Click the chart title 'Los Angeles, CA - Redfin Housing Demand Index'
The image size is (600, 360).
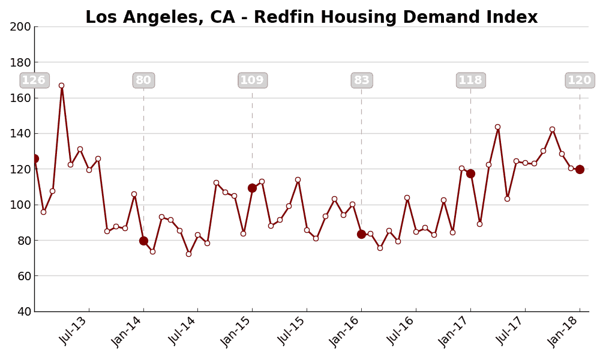coord(311,17)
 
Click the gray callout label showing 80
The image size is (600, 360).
coord(143,80)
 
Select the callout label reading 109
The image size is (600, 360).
coord(252,80)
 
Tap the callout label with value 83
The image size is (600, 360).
coord(361,80)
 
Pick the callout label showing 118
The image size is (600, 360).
coord(470,80)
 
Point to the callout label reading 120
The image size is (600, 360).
coord(579,80)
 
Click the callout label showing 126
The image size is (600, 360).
coord(34,80)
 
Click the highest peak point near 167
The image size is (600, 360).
coord(61,86)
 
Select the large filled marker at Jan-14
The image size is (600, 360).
coord(143,241)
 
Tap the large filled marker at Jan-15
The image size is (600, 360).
coord(252,188)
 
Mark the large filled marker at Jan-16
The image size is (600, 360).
coord(361,234)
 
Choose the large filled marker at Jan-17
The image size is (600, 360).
coord(470,173)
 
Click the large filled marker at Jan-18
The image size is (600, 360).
coord(580,169)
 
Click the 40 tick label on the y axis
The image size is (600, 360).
coord(22,312)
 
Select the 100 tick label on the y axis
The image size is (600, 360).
coord(20,205)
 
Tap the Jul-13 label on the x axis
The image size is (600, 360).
coord(74,331)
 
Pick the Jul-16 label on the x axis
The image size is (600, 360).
coord(401,331)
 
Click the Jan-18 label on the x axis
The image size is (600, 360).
coord(564,331)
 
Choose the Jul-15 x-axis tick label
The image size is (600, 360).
coord(292,331)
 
